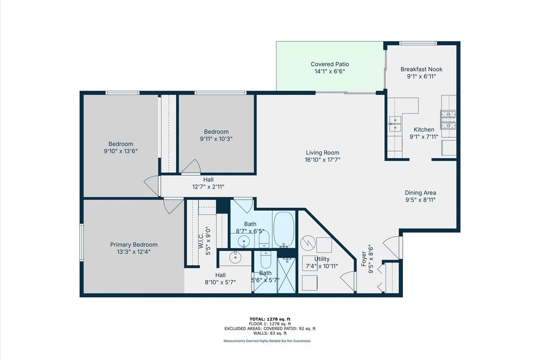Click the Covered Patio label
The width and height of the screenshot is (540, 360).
330,64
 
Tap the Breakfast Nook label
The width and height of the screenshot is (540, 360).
421,69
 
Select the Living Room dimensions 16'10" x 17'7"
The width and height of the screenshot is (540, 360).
322,160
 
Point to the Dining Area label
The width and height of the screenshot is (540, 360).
420,193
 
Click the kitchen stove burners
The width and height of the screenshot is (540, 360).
448,120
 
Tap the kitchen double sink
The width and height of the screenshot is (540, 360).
395,124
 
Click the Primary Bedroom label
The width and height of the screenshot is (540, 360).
133,245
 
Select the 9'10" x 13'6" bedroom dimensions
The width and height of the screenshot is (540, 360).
121,151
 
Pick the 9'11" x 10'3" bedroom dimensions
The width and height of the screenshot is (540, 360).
216,139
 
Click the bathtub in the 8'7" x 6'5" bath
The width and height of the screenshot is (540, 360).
284,229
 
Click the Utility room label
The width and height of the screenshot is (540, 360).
322,259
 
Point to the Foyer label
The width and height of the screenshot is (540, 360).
364,259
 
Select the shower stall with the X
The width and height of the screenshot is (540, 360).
286,276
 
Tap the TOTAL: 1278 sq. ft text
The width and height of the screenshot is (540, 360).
270,319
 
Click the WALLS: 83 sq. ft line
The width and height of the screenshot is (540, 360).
270,333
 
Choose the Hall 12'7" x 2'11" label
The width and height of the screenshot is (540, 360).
208,183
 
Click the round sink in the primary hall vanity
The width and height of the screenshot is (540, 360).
235,257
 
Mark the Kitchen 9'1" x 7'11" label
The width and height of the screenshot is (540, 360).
423,133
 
